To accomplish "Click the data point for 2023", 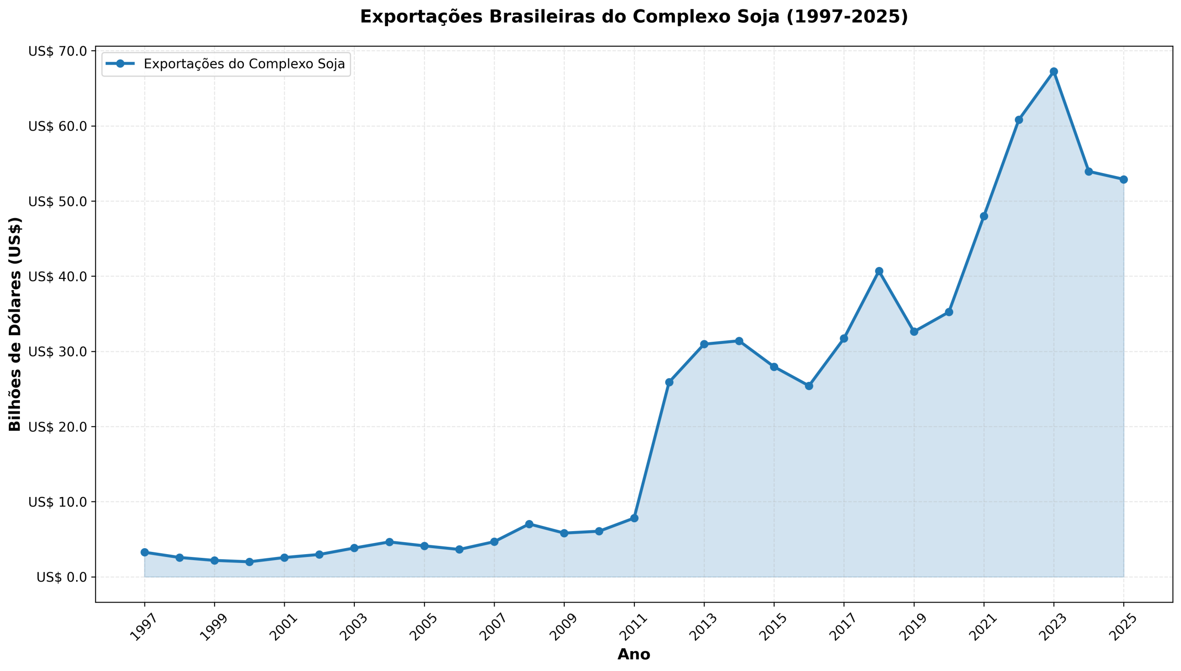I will pyautogui.click(x=1054, y=72).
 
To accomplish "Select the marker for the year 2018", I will pyautogui.click(x=879, y=271).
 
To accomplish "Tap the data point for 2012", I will pyautogui.click(x=669, y=382).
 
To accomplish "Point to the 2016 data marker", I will pyautogui.click(x=809, y=386).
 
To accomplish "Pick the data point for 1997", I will pyautogui.click(x=144, y=552).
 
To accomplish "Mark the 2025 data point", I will pyautogui.click(x=1123, y=179).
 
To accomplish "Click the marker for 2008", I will pyautogui.click(x=529, y=524).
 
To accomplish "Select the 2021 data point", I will pyautogui.click(x=984, y=216).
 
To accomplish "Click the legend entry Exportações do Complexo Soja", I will pyautogui.click(x=244, y=64).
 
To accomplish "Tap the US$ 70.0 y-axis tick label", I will pyautogui.click(x=58, y=51).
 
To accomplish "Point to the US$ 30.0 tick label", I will pyautogui.click(x=58, y=351).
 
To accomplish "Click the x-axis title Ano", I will pyautogui.click(x=633, y=654).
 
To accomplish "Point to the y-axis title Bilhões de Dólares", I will pyautogui.click(x=15, y=324).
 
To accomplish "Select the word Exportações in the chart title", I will pyautogui.click(x=422, y=17).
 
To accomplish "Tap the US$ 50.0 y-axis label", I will pyautogui.click(x=58, y=201).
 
